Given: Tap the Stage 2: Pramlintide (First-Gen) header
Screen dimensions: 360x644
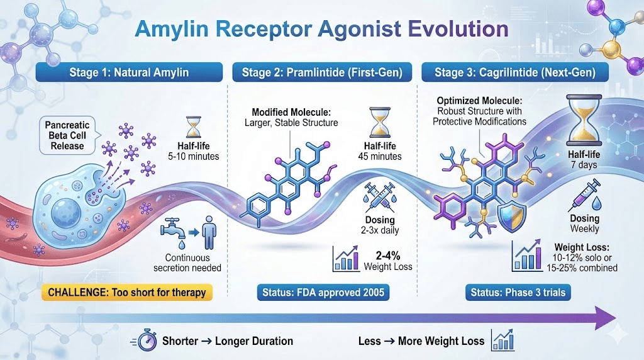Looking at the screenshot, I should [324, 73].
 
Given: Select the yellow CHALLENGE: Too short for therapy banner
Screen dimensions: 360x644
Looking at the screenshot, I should [126, 292].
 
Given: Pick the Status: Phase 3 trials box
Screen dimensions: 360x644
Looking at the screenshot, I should [518, 292].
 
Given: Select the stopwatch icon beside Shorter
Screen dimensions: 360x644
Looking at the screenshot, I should [147, 340].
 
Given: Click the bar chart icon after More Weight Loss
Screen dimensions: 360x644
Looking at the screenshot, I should [503, 340].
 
